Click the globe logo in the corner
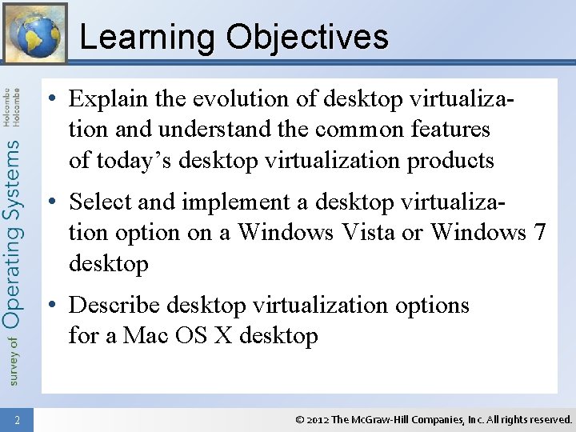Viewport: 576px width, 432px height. (34, 34)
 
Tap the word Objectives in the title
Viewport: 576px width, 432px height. (307, 38)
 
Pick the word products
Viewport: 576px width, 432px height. (450, 160)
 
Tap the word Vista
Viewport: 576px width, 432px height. (382, 233)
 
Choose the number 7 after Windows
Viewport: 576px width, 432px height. (540, 233)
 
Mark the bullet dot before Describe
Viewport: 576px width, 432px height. (51, 306)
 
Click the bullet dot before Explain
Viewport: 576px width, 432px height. (51, 100)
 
